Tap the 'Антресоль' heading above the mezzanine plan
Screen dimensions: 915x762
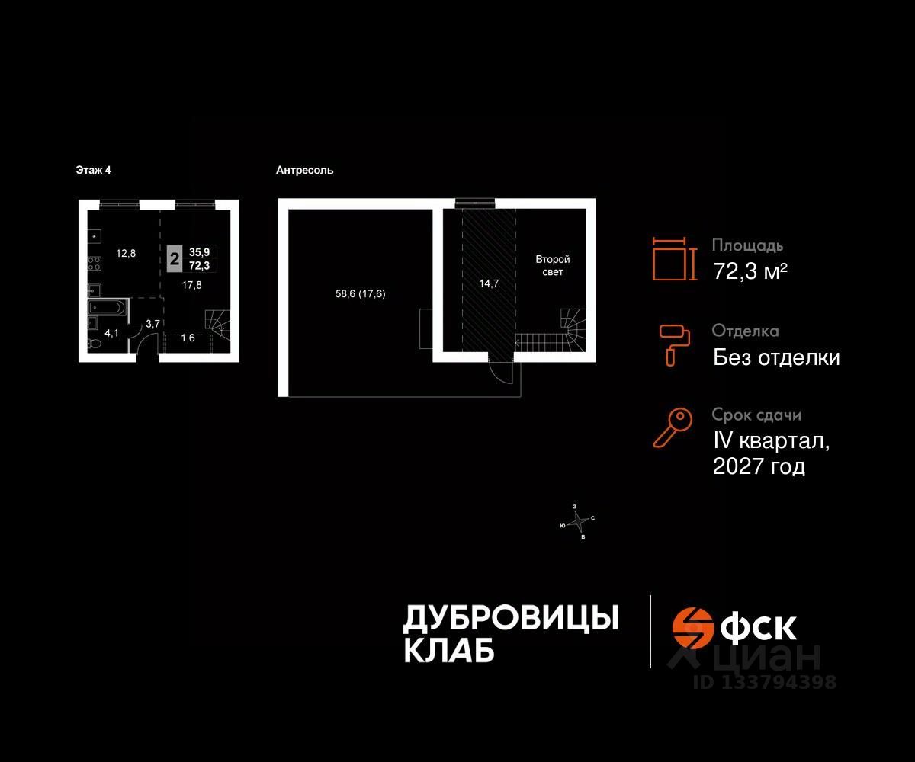tap(305, 171)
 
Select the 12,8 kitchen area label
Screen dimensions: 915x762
tap(125, 254)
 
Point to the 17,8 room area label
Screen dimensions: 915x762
tap(191, 285)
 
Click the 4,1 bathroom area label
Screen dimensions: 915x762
tap(111, 333)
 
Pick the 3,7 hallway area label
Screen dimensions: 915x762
tap(152, 324)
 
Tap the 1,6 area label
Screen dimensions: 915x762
tap(188, 338)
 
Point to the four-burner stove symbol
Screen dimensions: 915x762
tap(95, 264)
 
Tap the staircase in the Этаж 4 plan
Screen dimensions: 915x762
tap(217, 324)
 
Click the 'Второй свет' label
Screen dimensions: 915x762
tap(552, 266)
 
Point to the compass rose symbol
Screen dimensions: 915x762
tap(580, 522)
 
